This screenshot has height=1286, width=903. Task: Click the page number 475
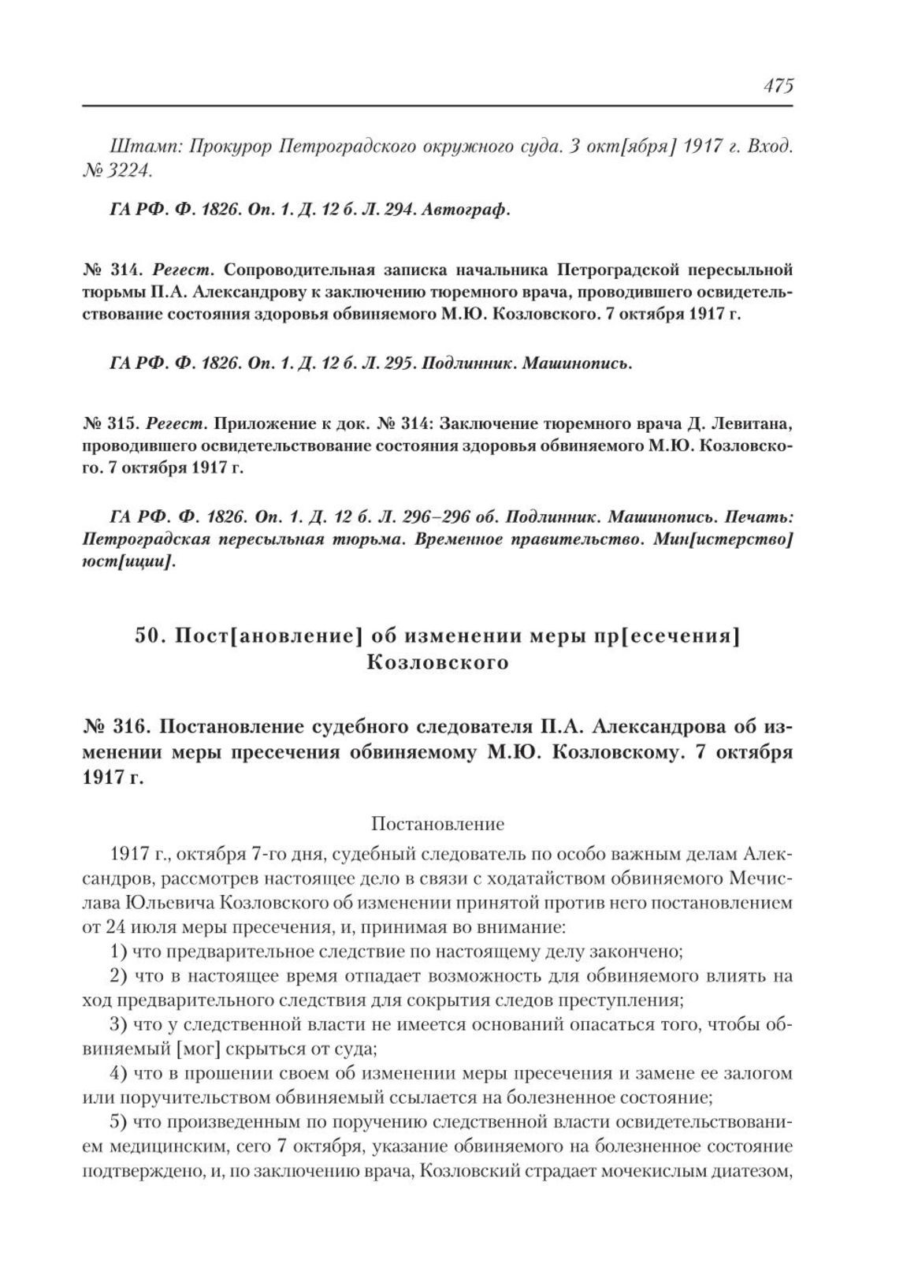pyautogui.click(x=777, y=86)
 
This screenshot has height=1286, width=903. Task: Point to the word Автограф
pyautogui.click(x=469, y=211)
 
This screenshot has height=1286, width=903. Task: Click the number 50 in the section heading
pyautogui.click(x=148, y=637)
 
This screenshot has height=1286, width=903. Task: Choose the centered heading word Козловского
pyautogui.click(x=438, y=662)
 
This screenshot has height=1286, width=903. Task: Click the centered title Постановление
pyautogui.click(x=437, y=824)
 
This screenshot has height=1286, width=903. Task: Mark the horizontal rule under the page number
pyautogui.click(x=437, y=105)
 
